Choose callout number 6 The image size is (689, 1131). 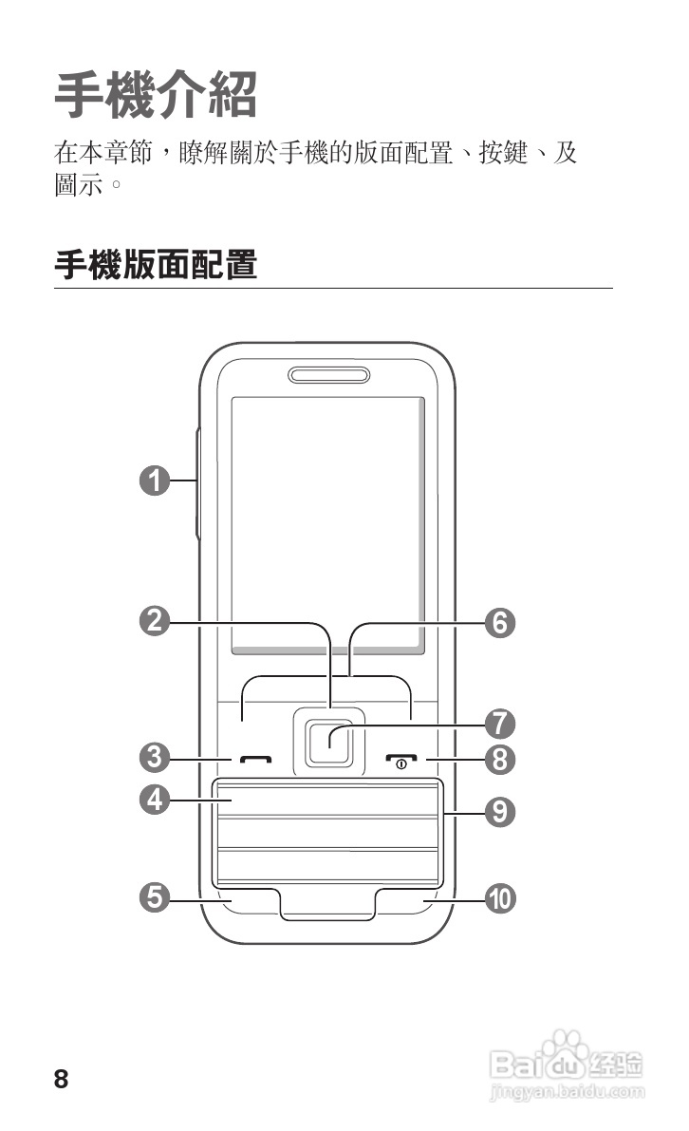[x=500, y=623]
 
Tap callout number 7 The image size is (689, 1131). [x=500, y=724]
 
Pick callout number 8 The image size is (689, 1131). [x=500, y=759]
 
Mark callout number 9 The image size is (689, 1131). [x=500, y=811]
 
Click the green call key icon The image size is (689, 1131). [x=255, y=761]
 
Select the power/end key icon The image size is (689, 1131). [x=401, y=761]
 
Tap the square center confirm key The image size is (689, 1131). [x=328, y=739]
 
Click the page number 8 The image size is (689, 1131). [x=62, y=1080]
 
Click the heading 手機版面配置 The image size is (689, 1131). [x=157, y=265]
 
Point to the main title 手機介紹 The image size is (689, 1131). [x=157, y=94]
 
